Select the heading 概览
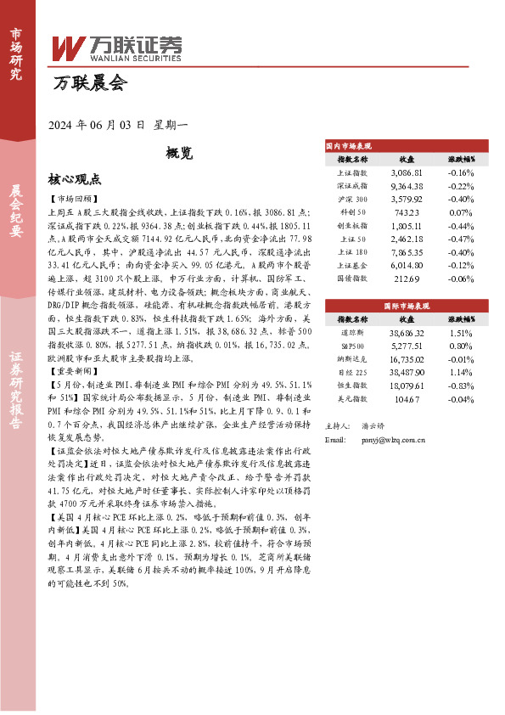tap(179, 153)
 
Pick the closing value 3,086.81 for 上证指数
tap(407, 172)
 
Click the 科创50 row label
tap(352, 212)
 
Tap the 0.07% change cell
tap(460, 212)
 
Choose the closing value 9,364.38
tap(407, 185)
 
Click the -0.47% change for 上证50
tap(460, 239)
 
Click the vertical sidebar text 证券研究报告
tap(17, 399)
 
